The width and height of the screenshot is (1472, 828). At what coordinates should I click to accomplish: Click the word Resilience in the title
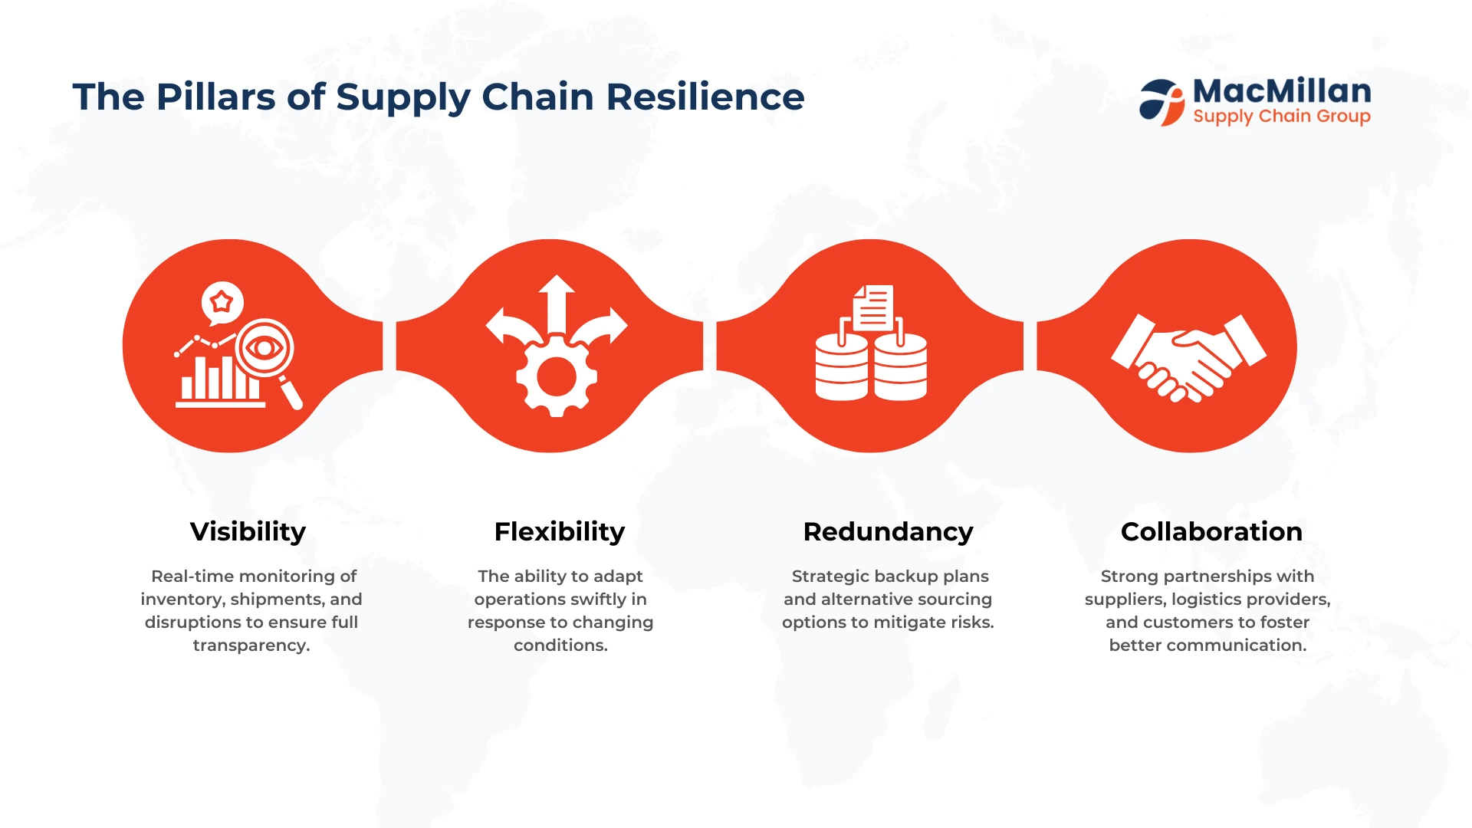coord(705,97)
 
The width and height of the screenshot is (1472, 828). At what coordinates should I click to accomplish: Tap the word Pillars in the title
coord(216,97)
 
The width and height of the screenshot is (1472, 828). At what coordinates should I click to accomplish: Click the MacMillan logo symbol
coord(1162,102)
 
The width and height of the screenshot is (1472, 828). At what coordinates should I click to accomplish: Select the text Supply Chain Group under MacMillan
coord(1282,117)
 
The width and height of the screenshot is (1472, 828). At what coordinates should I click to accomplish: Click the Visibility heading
coord(248,532)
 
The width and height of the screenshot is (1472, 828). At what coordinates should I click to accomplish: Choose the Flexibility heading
coord(560,532)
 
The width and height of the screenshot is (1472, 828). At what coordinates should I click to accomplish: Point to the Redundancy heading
coord(888,532)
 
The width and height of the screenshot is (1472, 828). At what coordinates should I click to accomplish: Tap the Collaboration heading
coord(1211,531)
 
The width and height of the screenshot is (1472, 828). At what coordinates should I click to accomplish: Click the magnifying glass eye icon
coord(265,349)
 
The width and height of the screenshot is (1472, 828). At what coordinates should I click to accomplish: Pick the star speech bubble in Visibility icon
coord(222,303)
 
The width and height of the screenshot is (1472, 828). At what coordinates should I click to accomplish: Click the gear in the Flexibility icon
coord(557,376)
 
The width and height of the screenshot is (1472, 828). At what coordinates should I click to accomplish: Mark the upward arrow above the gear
coord(557,304)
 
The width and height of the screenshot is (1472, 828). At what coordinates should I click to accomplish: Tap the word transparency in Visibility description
coord(251,646)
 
